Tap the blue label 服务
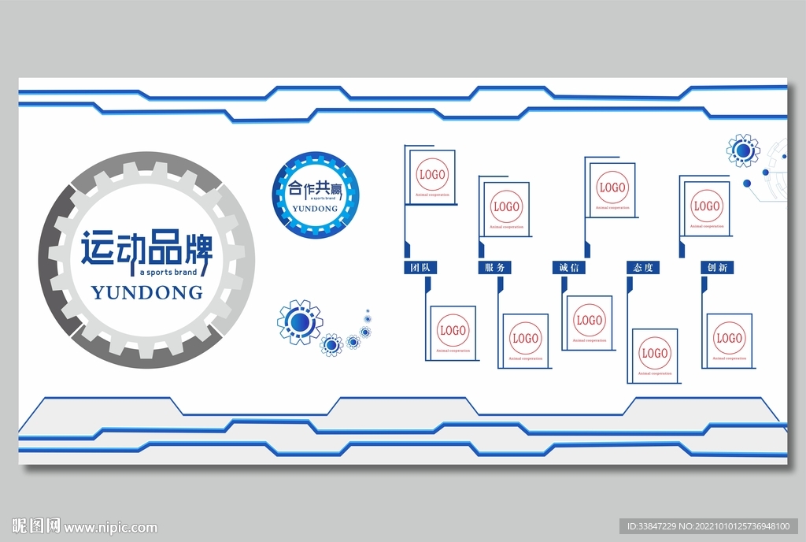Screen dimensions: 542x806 tap(494, 268)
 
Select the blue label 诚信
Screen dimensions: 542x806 tap(568, 268)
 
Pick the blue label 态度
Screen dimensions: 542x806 tap(642, 268)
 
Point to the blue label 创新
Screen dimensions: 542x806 tap(716, 268)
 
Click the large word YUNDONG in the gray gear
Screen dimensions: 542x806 tap(147, 293)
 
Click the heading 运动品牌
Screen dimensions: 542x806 tap(147, 247)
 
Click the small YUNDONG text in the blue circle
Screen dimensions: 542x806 tap(314, 210)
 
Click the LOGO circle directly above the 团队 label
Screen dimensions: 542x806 tap(432, 174)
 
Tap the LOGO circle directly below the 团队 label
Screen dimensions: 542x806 tap(453, 330)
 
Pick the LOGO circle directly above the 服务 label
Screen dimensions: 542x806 tap(506, 207)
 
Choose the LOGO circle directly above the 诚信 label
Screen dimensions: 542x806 tap(612, 188)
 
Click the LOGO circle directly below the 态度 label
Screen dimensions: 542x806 tap(655, 353)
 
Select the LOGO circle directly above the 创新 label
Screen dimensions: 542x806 tap(706, 206)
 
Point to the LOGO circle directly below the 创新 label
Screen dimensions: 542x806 tap(729, 339)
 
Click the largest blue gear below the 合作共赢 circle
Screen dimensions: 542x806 tap(299, 321)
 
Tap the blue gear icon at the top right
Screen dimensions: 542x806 tap(743, 150)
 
